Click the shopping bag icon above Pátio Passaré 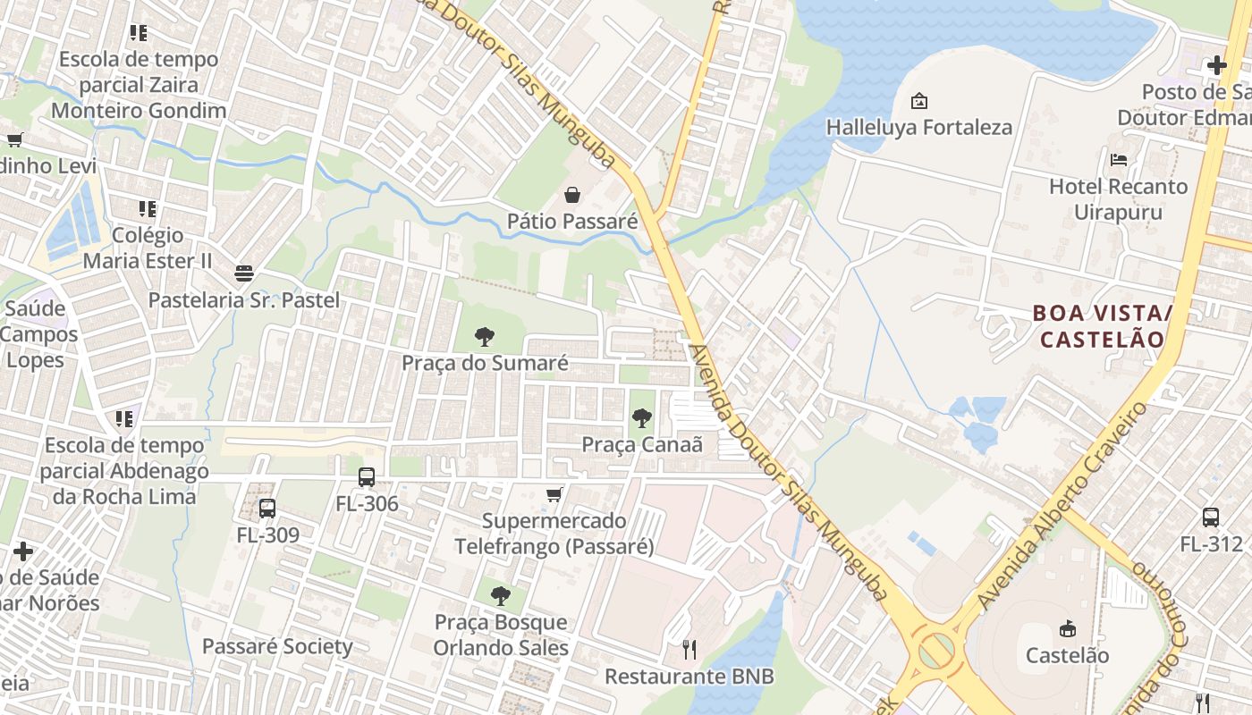(572, 194)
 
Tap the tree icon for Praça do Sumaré (485, 337)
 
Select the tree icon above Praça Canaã (641, 417)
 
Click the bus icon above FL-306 (367, 477)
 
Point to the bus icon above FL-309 (267, 509)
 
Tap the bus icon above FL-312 (1211, 517)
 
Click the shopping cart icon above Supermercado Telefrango (554, 494)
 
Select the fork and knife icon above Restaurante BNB (689, 649)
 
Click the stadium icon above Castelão (1067, 628)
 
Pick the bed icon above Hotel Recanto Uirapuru (1118, 160)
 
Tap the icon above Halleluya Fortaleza (918, 101)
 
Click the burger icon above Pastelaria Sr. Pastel (244, 273)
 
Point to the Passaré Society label (277, 646)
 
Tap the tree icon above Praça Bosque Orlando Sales (501, 595)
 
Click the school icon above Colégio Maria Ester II (148, 209)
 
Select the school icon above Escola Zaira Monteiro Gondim (139, 33)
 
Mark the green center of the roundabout (936, 651)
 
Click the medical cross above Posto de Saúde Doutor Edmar (1216, 65)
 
